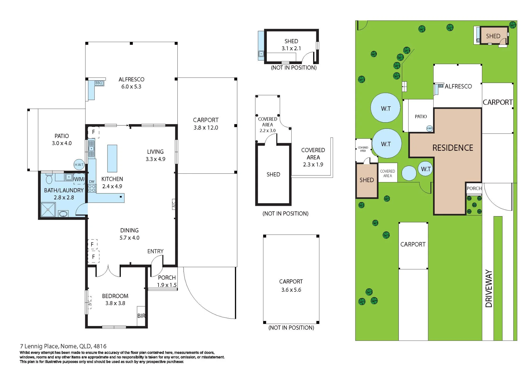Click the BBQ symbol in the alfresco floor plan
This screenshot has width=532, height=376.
(x=99, y=83)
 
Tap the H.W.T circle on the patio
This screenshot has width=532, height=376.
(x=79, y=165)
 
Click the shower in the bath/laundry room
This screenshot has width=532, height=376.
(x=48, y=210)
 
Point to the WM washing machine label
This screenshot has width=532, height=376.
(x=79, y=179)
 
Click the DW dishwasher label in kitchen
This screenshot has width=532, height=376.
(x=92, y=182)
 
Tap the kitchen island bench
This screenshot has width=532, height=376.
(x=112, y=158)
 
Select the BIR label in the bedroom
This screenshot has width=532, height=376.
(x=141, y=316)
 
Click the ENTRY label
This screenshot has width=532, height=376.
(x=155, y=251)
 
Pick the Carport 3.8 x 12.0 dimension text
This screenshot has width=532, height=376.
(x=206, y=128)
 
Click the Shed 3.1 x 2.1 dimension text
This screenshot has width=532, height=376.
(x=291, y=48)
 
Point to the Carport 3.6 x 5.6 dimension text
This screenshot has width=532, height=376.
(x=291, y=290)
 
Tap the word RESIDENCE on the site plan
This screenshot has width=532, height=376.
(x=453, y=148)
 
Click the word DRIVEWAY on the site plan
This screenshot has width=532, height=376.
(x=489, y=289)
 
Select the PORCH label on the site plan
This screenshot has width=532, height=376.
(x=474, y=189)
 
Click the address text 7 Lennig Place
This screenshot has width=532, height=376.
(x=39, y=346)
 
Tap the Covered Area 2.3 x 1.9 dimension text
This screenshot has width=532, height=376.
(x=313, y=165)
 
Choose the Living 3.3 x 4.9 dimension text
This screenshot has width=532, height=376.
(x=155, y=159)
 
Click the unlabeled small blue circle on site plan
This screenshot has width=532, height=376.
(x=409, y=173)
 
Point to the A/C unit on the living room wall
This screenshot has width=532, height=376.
(x=174, y=204)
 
